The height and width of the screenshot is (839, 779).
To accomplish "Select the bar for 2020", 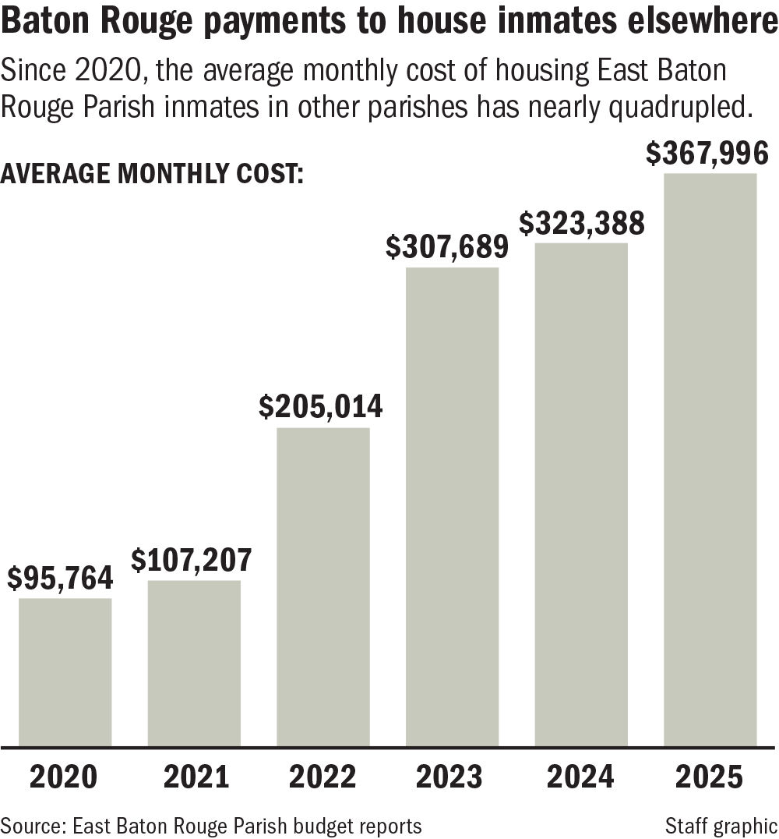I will (x=65, y=671).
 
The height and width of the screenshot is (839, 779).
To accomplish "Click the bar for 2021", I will (x=194, y=663).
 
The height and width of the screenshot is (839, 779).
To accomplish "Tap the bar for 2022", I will (x=323, y=586).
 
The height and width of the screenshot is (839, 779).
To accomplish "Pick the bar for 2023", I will (x=452, y=506).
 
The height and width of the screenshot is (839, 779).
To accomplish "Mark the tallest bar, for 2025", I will (x=710, y=459).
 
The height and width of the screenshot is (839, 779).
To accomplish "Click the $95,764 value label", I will (x=61, y=579).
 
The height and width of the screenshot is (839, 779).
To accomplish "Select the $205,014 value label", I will (x=320, y=407).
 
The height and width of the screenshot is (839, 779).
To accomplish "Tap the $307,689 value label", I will (x=449, y=248).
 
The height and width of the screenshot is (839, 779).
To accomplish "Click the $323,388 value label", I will (x=582, y=224).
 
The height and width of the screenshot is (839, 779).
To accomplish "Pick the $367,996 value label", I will (x=708, y=154).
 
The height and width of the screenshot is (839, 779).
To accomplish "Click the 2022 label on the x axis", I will (x=323, y=777).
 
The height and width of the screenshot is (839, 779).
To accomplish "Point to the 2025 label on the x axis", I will (x=710, y=777).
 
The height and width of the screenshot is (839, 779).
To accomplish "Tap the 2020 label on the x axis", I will (x=65, y=777).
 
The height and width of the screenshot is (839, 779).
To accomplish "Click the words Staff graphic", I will (x=721, y=825).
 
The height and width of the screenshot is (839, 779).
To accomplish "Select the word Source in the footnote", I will (x=25, y=825).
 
